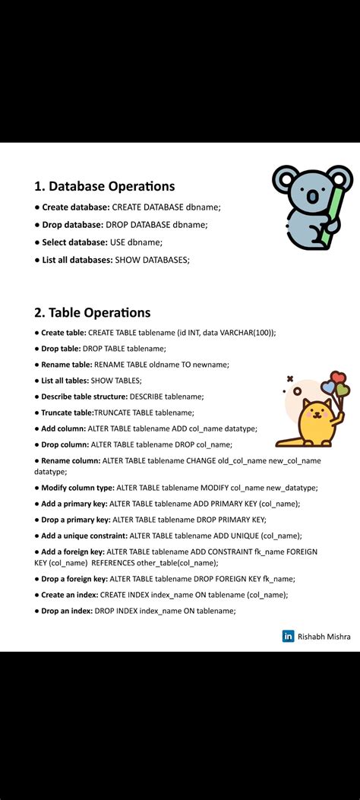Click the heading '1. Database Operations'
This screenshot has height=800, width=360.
(x=105, y=186)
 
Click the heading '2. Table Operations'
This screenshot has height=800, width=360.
(x=92, y=312)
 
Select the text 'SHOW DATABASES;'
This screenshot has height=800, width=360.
(x=152, y=260)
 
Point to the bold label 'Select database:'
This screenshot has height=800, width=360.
(x=74, y=242)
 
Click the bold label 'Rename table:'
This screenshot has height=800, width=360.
(x=66, y=365)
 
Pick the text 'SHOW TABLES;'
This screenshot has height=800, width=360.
(x=116, y=381)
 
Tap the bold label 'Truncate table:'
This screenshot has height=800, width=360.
(x=67, y=413)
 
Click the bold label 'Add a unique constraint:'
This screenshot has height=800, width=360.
(x=85, y=536)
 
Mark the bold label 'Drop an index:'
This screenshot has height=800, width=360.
(x=66, y=611)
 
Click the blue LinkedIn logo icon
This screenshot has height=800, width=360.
(x=288, y=637)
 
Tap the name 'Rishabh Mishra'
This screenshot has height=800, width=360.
(x=324, y=637)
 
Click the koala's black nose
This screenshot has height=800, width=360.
(x=311, y=195)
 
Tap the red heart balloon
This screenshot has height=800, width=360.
(x=338, y=378)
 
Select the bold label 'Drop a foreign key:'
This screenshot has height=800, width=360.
(x=74, y=579)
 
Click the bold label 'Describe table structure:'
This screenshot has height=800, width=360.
(x=84, y=397)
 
